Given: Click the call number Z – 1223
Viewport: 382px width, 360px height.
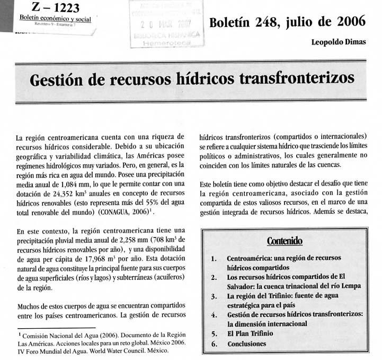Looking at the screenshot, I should pyautogui.click(x=51, y=7).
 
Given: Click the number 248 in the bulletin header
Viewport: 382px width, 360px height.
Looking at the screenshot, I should pyautogui.click(x=262, y=23).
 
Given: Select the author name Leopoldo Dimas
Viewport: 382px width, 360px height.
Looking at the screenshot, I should pyautogui.click(x=338, y=43).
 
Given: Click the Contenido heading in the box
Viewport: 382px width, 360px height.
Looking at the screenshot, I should pyautogui.click(x=285, y=241).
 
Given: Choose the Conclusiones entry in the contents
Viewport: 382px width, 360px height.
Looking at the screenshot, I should pyautogui.click(x=250, y=344).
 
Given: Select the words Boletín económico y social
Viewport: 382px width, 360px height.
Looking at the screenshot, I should pyautogui.click(x=55, y=19).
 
